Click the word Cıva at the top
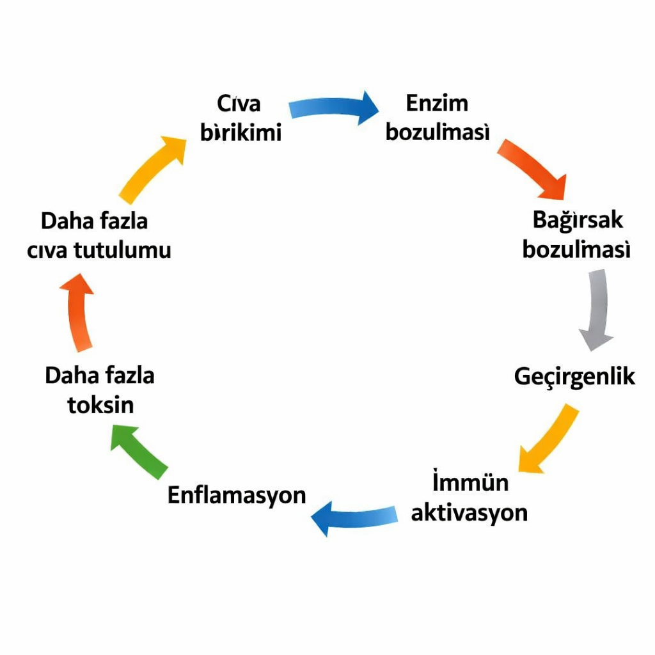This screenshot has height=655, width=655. pyautogui.click(x=239, y=104)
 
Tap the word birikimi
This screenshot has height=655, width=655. pyautogui.click(x=241, y=133)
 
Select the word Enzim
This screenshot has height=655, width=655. pyautogui.click(x=437, y=103)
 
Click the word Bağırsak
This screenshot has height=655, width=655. pyautogui.click(x=578, y=220)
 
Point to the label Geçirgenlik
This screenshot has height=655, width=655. pyautogui.click(x=574, y=377)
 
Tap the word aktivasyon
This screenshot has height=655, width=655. pyautogui.click(x=469, y=512)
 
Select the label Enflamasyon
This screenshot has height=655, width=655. pyautogui.click(x=237, y=495)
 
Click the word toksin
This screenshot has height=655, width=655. pyautogui.click(x=100, y=405)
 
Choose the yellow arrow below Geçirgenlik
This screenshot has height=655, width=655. pyautogui.click(x=548, y=439)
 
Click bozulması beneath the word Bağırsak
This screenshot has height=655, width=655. pyautogui.click(x=576, y=249)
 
